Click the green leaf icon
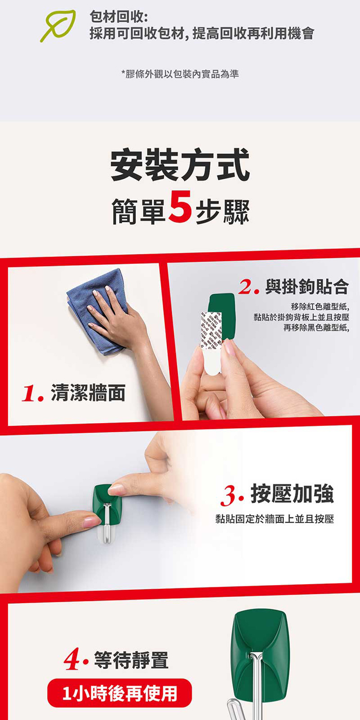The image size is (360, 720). (58, 26)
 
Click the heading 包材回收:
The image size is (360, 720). (119, 16)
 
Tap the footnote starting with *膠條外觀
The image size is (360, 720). (180, 74)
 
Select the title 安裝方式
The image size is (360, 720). (180, 165)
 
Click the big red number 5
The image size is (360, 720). (179, 206)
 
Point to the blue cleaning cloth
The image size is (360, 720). (98, 310)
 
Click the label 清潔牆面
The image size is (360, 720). (88, 392)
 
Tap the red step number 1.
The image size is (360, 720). (32, 393)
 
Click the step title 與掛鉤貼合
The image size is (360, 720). (307, 287)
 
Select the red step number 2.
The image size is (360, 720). (248, 287)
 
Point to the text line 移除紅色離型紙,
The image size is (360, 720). (320, 307)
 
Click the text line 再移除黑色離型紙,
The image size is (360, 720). (316, 328)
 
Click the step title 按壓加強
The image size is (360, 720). (292, 493)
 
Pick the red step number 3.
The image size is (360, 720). (232, 495)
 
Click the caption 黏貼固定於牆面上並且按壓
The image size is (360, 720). (275, 518)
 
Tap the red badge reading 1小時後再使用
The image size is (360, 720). (119, 693)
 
